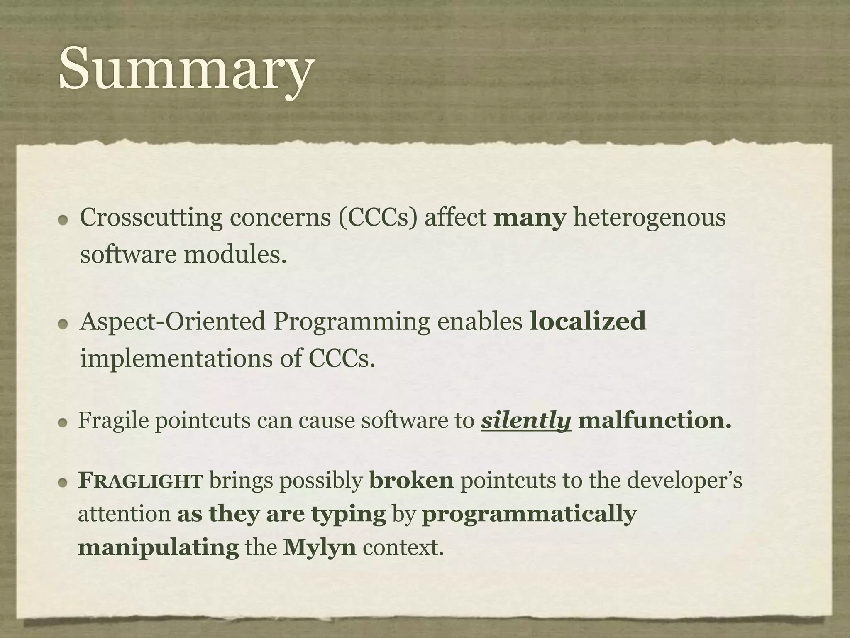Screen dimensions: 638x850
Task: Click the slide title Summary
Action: [185, 69]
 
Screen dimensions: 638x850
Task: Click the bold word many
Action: [530, 218]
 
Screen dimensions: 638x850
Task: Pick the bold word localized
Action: [588, 321]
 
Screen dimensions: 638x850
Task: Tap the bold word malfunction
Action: [654, 420]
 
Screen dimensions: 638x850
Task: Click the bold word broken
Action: [411, 481]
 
